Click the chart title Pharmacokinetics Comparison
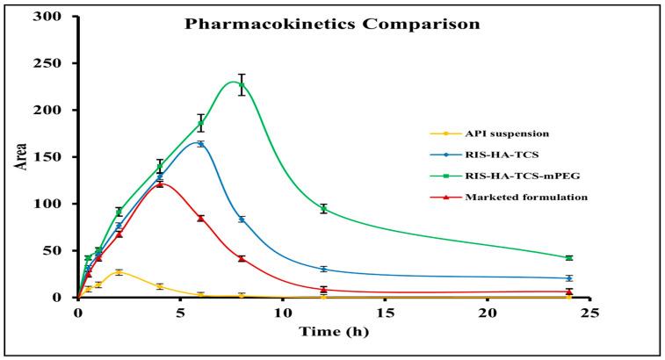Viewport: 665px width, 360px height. click(332, 24)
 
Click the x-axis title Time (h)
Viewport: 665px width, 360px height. click(332, 331)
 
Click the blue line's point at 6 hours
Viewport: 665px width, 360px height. click(201, 144)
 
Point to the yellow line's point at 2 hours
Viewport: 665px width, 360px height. click(119, 272)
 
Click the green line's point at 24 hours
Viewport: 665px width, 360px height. click(569, 257)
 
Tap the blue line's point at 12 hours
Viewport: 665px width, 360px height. click(323, 269)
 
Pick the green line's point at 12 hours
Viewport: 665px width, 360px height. click(323, 208)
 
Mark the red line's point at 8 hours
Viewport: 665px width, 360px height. click(242, 258)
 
